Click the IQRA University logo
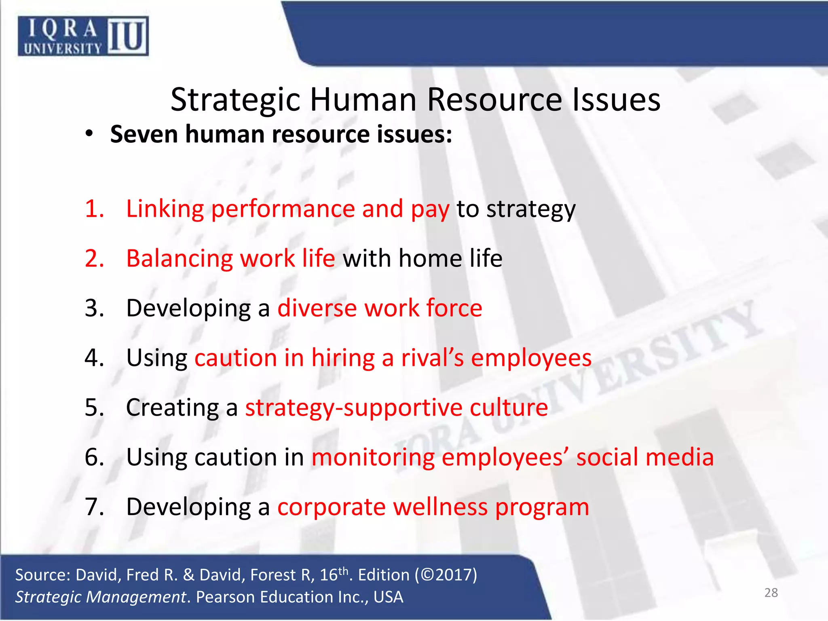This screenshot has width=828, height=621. [83, 36]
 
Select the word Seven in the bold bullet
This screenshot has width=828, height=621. [144, 134]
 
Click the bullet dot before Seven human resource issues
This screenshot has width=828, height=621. [89, 134]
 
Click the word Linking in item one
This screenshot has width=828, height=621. [165, 209]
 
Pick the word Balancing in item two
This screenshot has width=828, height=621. [180, 259]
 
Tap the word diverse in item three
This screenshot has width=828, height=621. [317, 308]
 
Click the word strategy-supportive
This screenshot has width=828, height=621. [353, 408]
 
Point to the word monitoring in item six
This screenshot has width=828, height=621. [372, 458]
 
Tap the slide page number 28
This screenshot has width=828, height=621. [771, 593]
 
